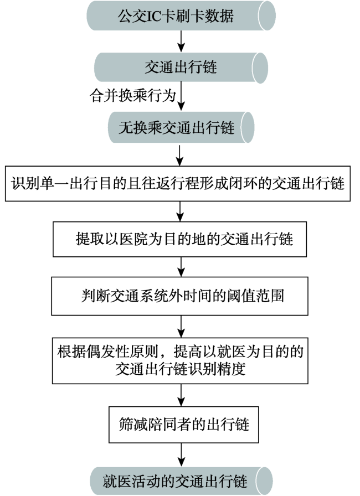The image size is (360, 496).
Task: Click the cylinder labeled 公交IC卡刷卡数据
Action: point(181,16)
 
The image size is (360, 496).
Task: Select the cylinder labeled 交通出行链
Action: point(181,68)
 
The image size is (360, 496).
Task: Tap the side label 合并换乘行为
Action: point(132,95)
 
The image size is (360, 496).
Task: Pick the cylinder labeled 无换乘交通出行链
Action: point(181,127)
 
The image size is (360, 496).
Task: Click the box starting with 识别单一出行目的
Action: point(178,183)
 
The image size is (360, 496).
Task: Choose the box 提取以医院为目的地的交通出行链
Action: point(179,239)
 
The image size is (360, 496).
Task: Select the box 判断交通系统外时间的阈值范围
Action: point(179,296)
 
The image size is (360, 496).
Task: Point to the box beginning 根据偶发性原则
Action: point(180,361)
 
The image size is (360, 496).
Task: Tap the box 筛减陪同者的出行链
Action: point(184,425)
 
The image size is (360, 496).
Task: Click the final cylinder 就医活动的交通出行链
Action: point(181,481)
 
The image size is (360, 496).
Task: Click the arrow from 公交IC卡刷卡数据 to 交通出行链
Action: point(181,41)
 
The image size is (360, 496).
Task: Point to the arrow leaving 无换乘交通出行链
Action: point(179,155)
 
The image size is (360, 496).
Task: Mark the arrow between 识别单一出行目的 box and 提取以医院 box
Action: point(179,211)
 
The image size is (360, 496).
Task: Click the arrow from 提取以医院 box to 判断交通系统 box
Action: point(181,267)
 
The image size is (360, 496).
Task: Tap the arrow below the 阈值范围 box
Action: point(181,327)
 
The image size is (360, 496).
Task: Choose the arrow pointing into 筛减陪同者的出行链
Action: point(181,395)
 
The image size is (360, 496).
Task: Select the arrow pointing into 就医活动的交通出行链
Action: point(181,454)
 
